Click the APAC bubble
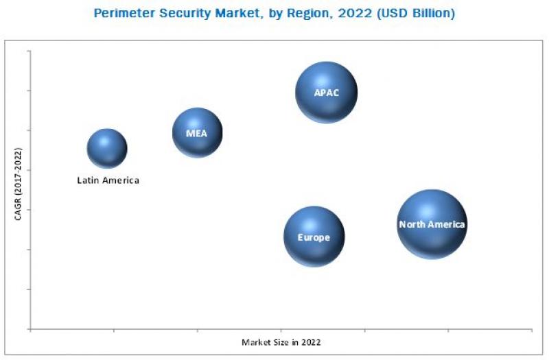click(x=327, y=92)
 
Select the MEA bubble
click(x=197, y=132)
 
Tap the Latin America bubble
click(x=107, y=148)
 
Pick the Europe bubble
click(x=314, y=237)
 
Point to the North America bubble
click(x=432, y=224)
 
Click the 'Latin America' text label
click(x=108, y=180)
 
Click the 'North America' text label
click(x=432, y=224)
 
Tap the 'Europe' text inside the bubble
click(x=314, y=237)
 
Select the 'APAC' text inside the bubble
click(x=327, y=93)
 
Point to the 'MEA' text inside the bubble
click(x=197, y=133)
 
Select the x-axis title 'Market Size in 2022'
click(x=281, y=341)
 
